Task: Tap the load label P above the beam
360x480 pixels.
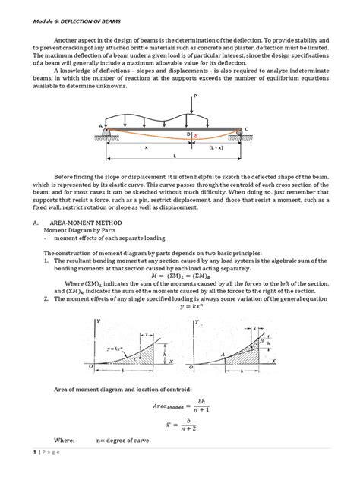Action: [197, 96]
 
